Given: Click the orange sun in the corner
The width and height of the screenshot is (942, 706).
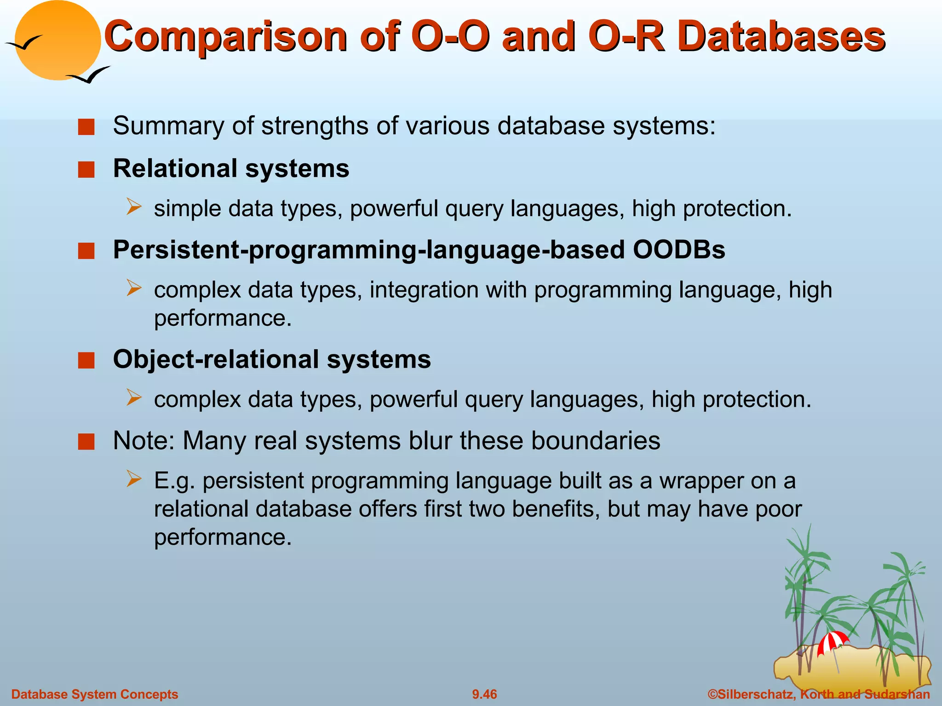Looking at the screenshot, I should click(57, 40).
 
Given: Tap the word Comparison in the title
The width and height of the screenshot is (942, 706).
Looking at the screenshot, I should click(225, 37).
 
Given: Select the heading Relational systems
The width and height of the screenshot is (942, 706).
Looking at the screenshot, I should click(231, 168).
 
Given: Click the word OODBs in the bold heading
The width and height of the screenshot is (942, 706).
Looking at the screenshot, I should click(679, 250).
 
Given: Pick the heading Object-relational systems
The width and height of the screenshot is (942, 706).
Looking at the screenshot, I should click(272, 359).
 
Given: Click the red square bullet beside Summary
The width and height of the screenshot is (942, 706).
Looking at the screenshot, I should click(86, 127).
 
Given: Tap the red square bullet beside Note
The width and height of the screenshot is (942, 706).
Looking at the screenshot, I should click(86, 442).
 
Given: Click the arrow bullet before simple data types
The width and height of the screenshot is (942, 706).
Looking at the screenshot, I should click(134, 207).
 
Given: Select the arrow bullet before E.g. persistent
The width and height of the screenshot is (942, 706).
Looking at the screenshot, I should click(134, 479).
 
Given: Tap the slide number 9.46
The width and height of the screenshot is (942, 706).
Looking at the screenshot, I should click(484, 694).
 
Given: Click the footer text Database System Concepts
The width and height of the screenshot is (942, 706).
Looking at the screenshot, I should click(95, 694).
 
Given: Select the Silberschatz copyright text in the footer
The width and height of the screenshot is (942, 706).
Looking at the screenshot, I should click(818, 694).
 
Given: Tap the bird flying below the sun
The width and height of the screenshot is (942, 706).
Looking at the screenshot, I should click(89, 75).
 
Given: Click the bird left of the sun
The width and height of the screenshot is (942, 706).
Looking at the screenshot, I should click(24, 43).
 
